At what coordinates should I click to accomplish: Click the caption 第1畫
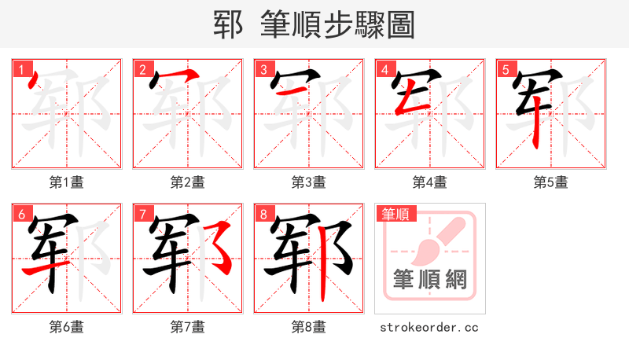66,182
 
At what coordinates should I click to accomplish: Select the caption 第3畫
308,182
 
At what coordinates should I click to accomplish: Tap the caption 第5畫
550,182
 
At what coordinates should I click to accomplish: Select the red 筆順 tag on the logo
396,213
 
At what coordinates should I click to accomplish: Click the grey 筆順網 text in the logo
429,279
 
